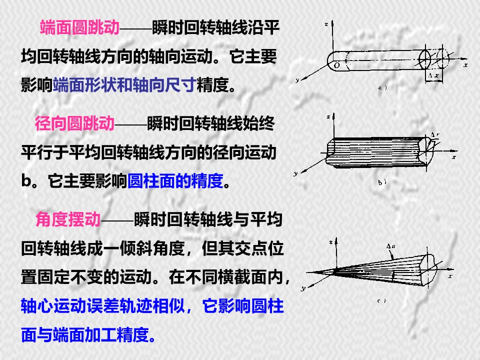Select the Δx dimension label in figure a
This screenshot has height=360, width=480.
tap(433, 76)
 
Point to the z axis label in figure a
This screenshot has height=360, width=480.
tap(325, 24)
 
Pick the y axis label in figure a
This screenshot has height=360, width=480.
tap(297, 80)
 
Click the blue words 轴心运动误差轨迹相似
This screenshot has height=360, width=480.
tap(104, 305)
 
